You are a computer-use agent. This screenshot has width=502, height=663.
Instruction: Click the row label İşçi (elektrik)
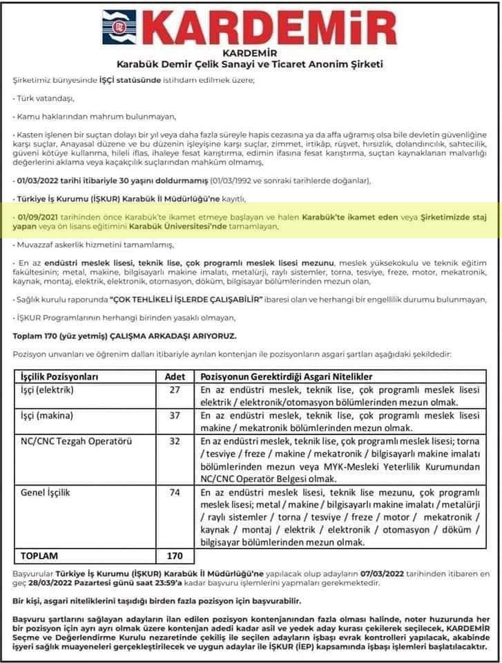(47, 390)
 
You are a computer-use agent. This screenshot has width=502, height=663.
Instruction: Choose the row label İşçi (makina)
(47, 416)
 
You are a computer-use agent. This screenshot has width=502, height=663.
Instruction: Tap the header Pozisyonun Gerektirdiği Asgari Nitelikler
(287, 377)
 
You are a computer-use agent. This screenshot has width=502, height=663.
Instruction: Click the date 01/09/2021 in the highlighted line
(40, 216)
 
